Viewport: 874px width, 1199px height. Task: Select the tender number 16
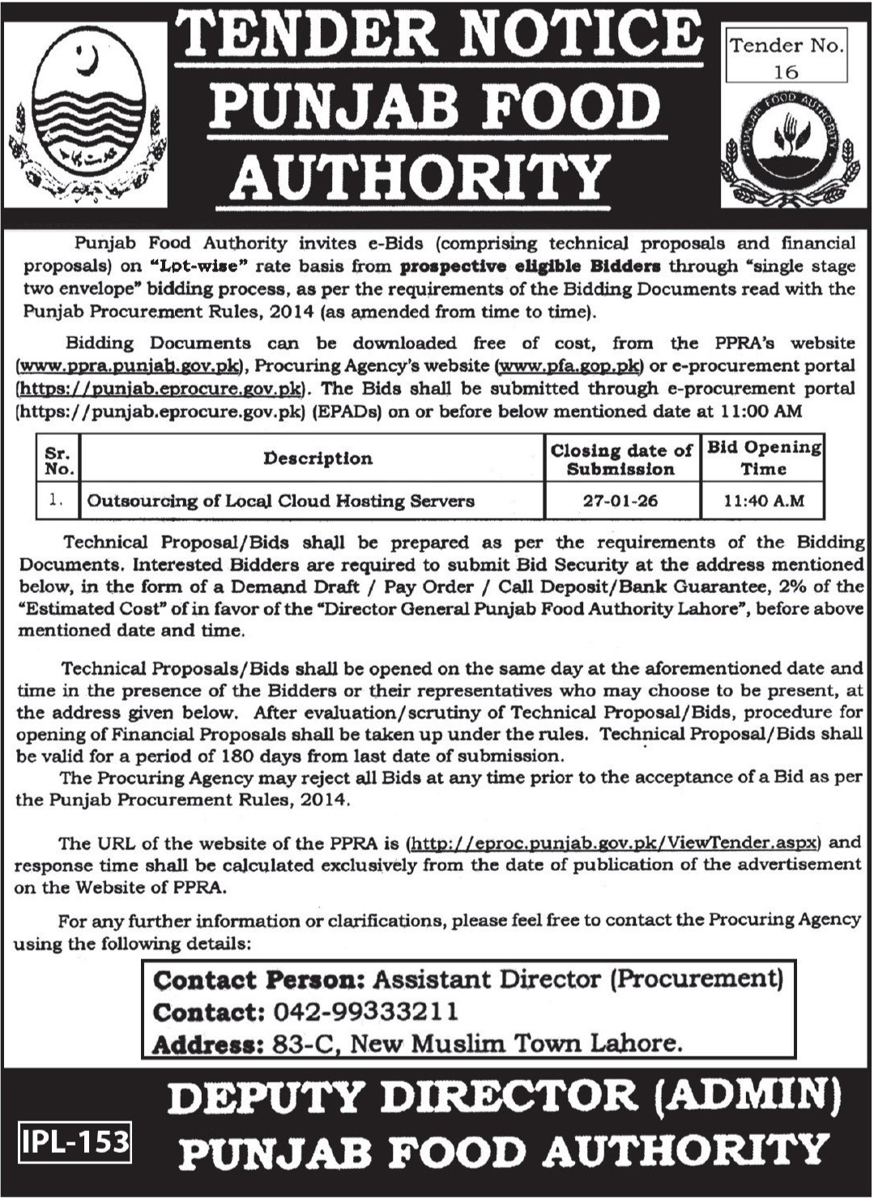[x=785, y=72]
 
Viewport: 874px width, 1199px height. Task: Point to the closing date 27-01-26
[x=621, y=501]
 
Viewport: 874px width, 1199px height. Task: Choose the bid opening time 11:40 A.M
[x=764, y=501]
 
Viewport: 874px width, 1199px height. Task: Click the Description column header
[x=318, y=459]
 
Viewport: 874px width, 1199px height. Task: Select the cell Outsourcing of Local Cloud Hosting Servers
[x=280, y=501]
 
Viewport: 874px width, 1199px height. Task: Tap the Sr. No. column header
[x=59, y=459]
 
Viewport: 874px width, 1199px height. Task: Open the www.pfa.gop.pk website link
[x=567, y=366]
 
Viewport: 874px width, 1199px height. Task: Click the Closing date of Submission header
[x=621, y=459]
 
